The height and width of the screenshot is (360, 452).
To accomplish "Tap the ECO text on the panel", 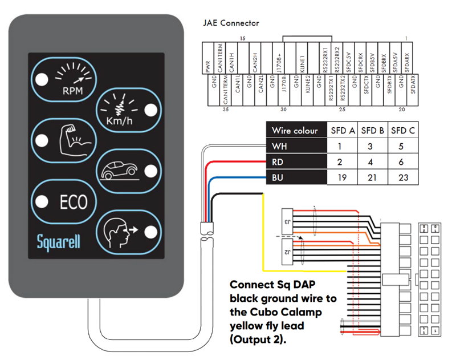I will (x=73, y=202).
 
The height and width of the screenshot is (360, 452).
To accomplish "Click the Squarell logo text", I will (x=58, y=241).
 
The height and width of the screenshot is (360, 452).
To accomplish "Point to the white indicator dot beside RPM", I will (x=43, y=79).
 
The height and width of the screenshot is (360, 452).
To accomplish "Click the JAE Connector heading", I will (x=231, y=23).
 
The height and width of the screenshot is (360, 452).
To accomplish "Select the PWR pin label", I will (x=208, y=67).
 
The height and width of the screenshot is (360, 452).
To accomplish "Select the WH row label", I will (x=278, y=147).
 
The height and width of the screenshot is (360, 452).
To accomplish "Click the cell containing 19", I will (x=343, y=178).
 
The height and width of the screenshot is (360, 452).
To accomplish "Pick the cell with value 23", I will (x=403, y=178).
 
